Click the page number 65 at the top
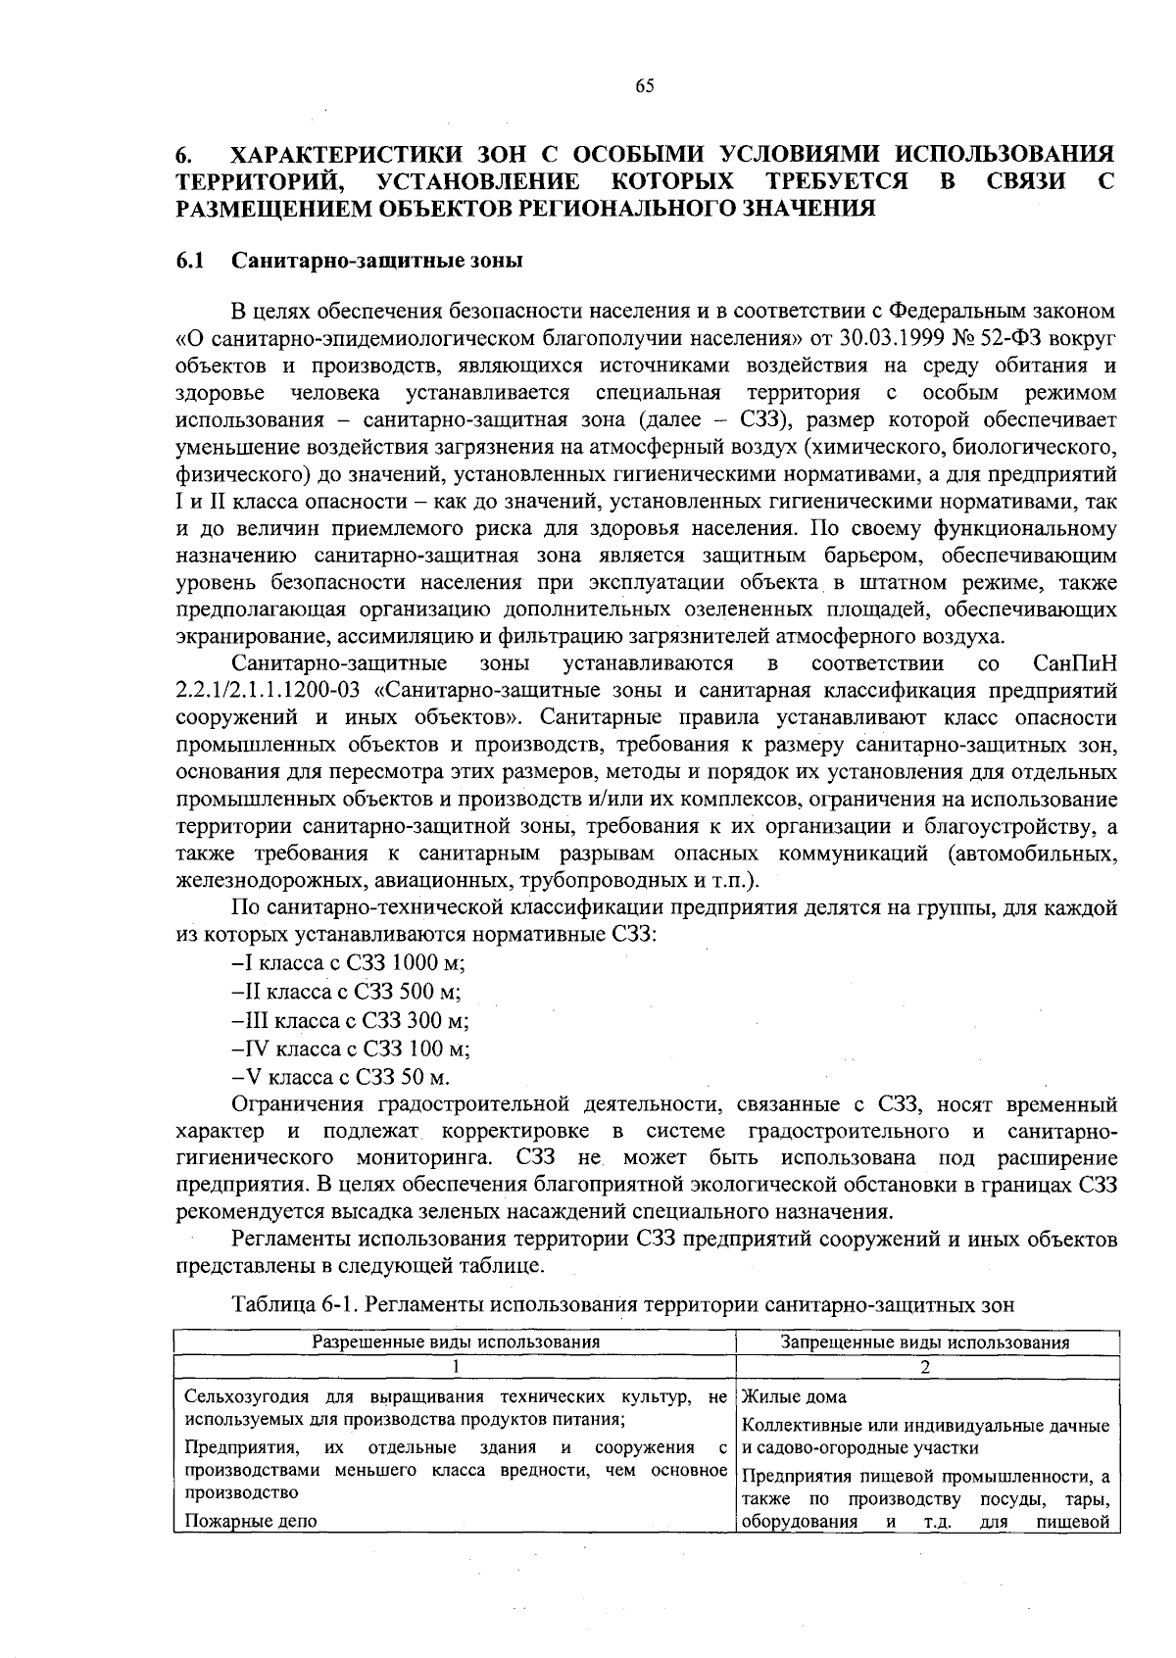coord(644,86)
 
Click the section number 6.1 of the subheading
coord(190,261)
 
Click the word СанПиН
coord(1075,663)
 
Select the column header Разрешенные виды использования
coord(456,1342)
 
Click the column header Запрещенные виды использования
coord(924,1342)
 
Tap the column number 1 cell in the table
coord(456,1367)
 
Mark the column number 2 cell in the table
coord(924,1367)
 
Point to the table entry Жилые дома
coord(795,1396)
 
